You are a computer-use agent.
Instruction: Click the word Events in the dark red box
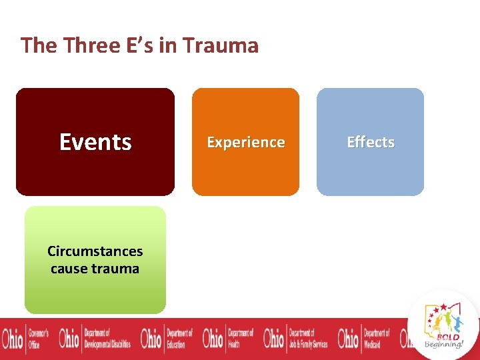point(95,142)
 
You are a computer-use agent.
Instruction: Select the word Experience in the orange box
point(245,142)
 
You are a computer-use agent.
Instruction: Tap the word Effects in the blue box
point(370,142)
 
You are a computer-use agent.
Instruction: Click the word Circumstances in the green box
point(95,251)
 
